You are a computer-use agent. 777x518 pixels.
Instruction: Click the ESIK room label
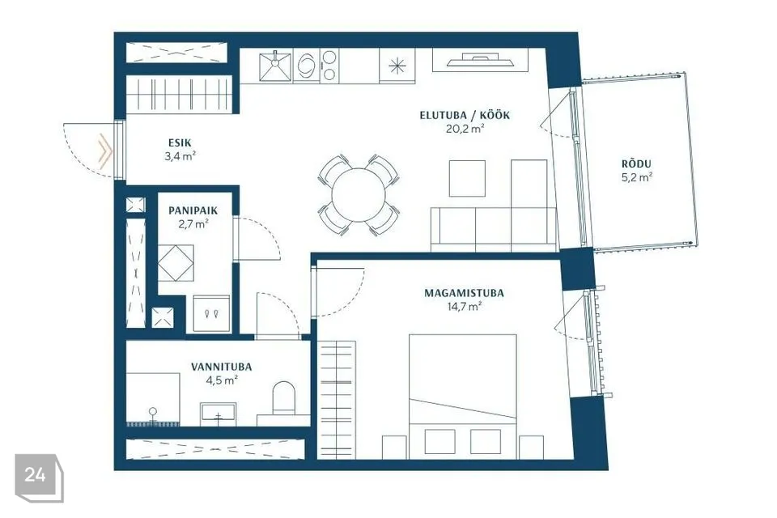tap(180, 142)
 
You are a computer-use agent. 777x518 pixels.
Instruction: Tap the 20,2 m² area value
tap(465, 129)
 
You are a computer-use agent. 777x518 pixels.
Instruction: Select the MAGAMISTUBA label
tap(464, 293)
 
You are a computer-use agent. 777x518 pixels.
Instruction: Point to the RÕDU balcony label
tap(637, 163)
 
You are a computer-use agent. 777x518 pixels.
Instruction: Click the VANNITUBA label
tap(222, 367)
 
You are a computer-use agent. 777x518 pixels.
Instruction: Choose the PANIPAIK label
tap(193, 210)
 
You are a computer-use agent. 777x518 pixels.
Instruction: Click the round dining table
tap(359, 195)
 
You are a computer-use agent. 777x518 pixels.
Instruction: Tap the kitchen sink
tap(275, 66)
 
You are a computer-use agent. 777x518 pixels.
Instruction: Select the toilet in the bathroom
tap(283, 397)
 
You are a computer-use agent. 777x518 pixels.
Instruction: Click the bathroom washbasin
tap(218, 414)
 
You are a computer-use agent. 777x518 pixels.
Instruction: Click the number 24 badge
tap(35, 475)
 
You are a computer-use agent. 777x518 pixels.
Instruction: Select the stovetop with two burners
tap(329, 66)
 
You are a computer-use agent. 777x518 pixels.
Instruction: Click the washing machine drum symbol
tap(306, 66)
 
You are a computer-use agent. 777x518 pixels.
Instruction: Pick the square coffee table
tap(467, 178)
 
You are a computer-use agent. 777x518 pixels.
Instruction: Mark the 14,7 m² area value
tap(465, 307)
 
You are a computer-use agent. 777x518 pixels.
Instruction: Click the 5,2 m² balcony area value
tap(637, 177)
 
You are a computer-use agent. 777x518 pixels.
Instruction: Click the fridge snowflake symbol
tap(397, 66)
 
